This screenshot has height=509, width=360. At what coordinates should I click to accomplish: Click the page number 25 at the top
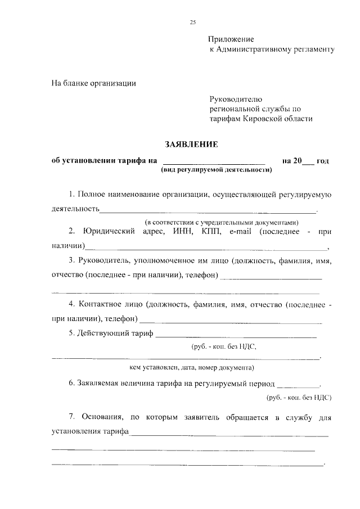pos(192,22)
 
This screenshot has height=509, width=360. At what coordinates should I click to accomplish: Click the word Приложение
pos(231,39)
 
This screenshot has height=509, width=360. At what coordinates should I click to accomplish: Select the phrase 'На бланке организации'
pos(93,83)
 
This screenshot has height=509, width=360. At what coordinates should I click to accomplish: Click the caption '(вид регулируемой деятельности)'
pos(216,169)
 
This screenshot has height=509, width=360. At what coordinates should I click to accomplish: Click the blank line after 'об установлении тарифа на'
pos(213,162)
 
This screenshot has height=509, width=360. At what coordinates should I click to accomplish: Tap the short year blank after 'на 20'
pos(308,162)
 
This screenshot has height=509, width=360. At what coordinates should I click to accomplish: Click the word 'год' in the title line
pos(323,161)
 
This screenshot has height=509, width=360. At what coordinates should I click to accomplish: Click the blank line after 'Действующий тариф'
pos(236,335)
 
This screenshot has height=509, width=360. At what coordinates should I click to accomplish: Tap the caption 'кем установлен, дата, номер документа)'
pos(191,368)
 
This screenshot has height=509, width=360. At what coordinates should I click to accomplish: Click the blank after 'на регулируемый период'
pos(298,385)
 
